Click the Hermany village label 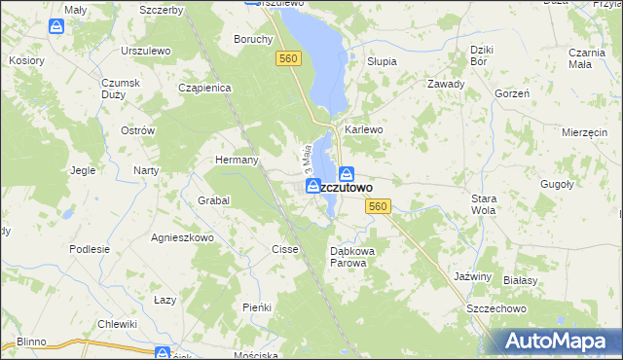[236, 160]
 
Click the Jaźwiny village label [473, 276]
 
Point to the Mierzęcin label [586, 131]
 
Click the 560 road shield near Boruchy [288, 59]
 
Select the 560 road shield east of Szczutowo [379, 206]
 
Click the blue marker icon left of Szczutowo [312, 186]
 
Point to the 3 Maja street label [306, 156]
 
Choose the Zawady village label [445, 84]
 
